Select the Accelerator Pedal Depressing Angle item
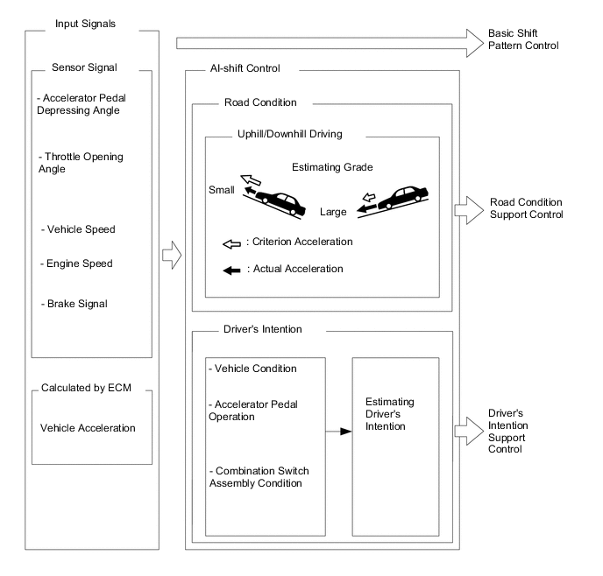[84, 103]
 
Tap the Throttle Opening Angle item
[82, 162]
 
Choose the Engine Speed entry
[76, 263]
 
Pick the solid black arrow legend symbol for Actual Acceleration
[232, 269]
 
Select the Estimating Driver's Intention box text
[389, 414]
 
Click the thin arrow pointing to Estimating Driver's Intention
[338, 432]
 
